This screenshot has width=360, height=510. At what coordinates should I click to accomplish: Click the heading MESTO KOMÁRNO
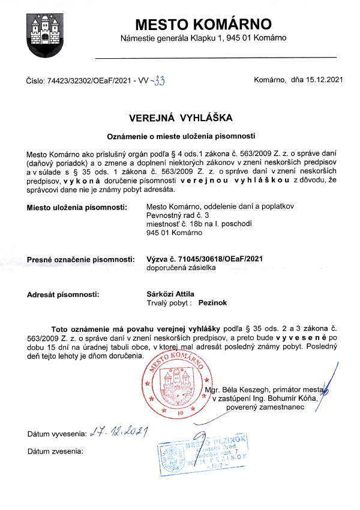[x=203, y=25]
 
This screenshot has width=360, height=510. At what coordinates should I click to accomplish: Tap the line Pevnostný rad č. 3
[x=178, y=215]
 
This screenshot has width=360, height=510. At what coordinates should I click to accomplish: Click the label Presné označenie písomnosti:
[x=80, y=259]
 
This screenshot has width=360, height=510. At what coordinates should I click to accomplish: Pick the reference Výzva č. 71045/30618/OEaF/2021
[x=205, y=259]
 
